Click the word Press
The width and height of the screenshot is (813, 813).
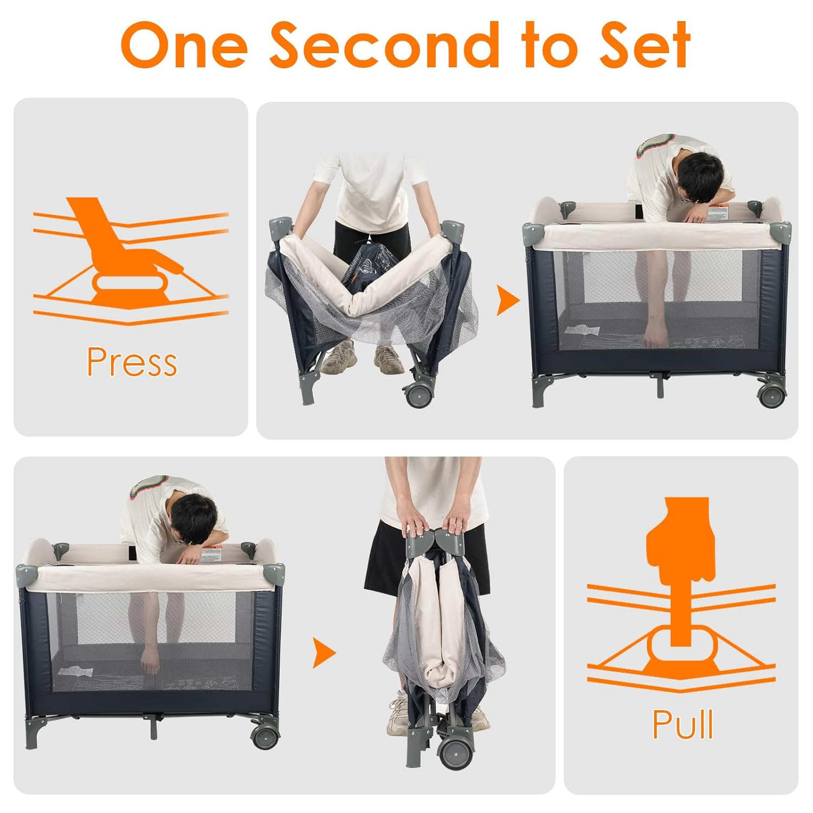(x=132, y=362)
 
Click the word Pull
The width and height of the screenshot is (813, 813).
(x=682, y=724)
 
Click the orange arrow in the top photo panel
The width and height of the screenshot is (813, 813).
(x=507, y=301)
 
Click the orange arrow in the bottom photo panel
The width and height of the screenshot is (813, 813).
(x=324, y=653)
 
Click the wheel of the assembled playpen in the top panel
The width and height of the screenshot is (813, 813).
(x=771, y=395)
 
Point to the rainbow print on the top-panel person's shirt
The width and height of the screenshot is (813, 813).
(x=649, y=147)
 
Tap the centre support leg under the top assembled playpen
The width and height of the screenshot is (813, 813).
(x=659, y=386)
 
